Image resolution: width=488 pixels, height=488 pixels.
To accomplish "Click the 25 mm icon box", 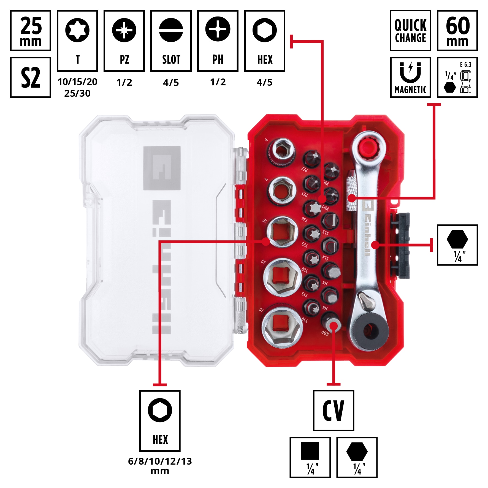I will click(31, 31).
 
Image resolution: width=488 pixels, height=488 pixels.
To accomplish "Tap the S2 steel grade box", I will click(31, 77).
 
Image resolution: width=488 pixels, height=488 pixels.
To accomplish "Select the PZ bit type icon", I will click(124, 41).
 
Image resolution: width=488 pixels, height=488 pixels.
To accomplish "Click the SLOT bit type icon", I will click(171, 41).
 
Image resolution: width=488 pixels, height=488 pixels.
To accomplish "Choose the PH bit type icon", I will click(218, 41).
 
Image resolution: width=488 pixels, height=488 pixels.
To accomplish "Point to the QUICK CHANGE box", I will click(410, 31).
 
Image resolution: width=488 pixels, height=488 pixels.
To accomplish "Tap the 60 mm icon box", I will click(457, 31).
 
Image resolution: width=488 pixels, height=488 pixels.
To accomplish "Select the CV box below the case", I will click(334, 410).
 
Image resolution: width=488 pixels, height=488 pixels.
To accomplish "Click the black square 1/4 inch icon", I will click(310, 457).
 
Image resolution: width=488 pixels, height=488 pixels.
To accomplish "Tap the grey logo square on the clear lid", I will click(162, 168).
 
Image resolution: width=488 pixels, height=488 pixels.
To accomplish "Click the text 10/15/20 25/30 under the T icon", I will click(77, 88).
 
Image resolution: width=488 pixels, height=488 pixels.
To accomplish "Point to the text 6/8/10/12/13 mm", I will click(160, 466).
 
